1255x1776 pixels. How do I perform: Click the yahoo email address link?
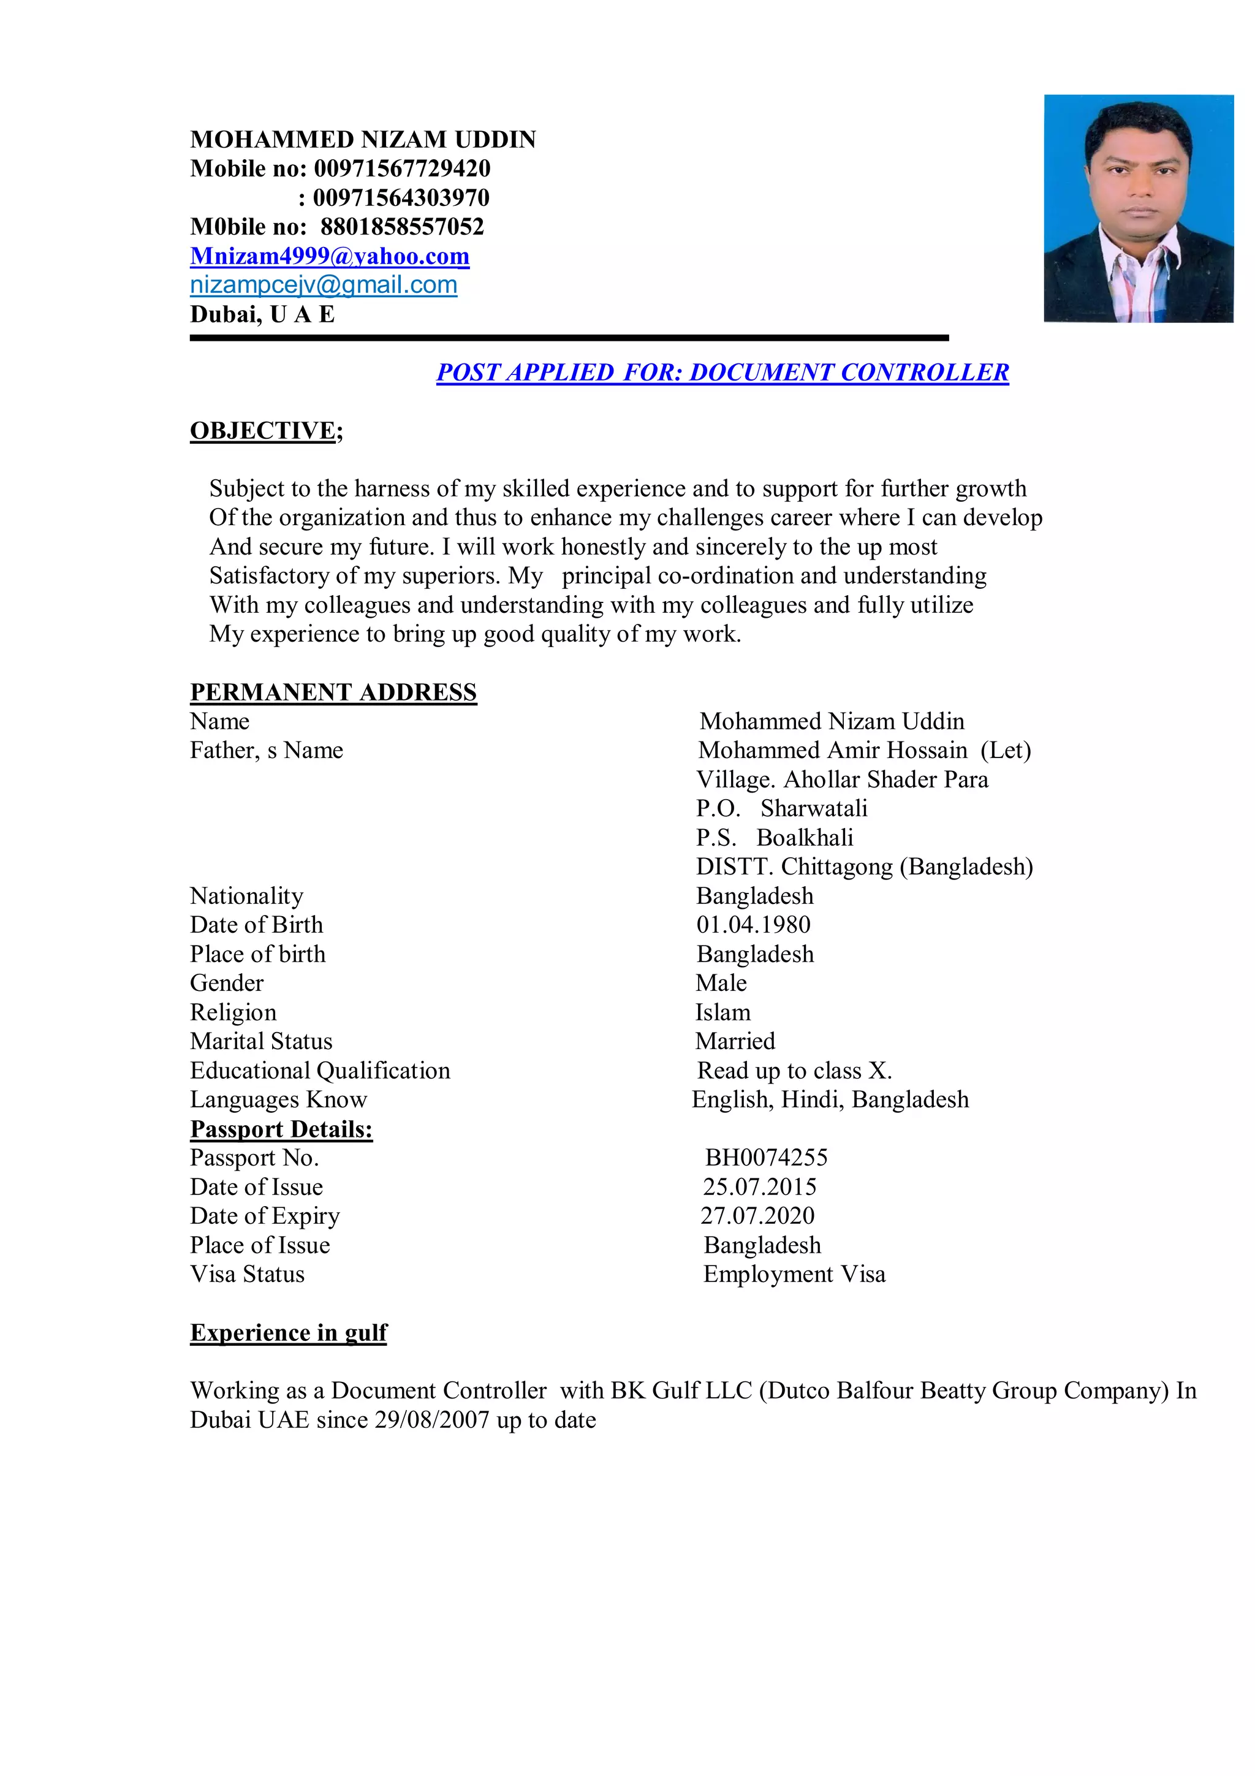[x=330, y=256]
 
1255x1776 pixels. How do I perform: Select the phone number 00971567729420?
[x=402, y=169]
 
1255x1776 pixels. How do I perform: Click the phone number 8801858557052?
[x=402, y=227]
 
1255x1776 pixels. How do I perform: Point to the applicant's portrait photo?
[x=1137, y=208]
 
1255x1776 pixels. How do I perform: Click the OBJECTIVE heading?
[x=263, y=430]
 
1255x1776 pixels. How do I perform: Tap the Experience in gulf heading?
[x=289, y=1332]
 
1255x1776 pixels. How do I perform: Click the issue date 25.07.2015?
[x=759, y=1186]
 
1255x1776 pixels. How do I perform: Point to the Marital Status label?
[x=262, y=1041]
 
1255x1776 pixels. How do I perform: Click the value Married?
[x=735, y=1041]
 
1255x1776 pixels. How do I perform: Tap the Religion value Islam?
[x=722, y=1012]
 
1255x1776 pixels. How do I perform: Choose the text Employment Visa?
[x=794, y=1274]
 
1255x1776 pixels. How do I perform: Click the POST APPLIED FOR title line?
[x=722, y=372]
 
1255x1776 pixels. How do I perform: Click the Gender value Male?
[x=721, y=983]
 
